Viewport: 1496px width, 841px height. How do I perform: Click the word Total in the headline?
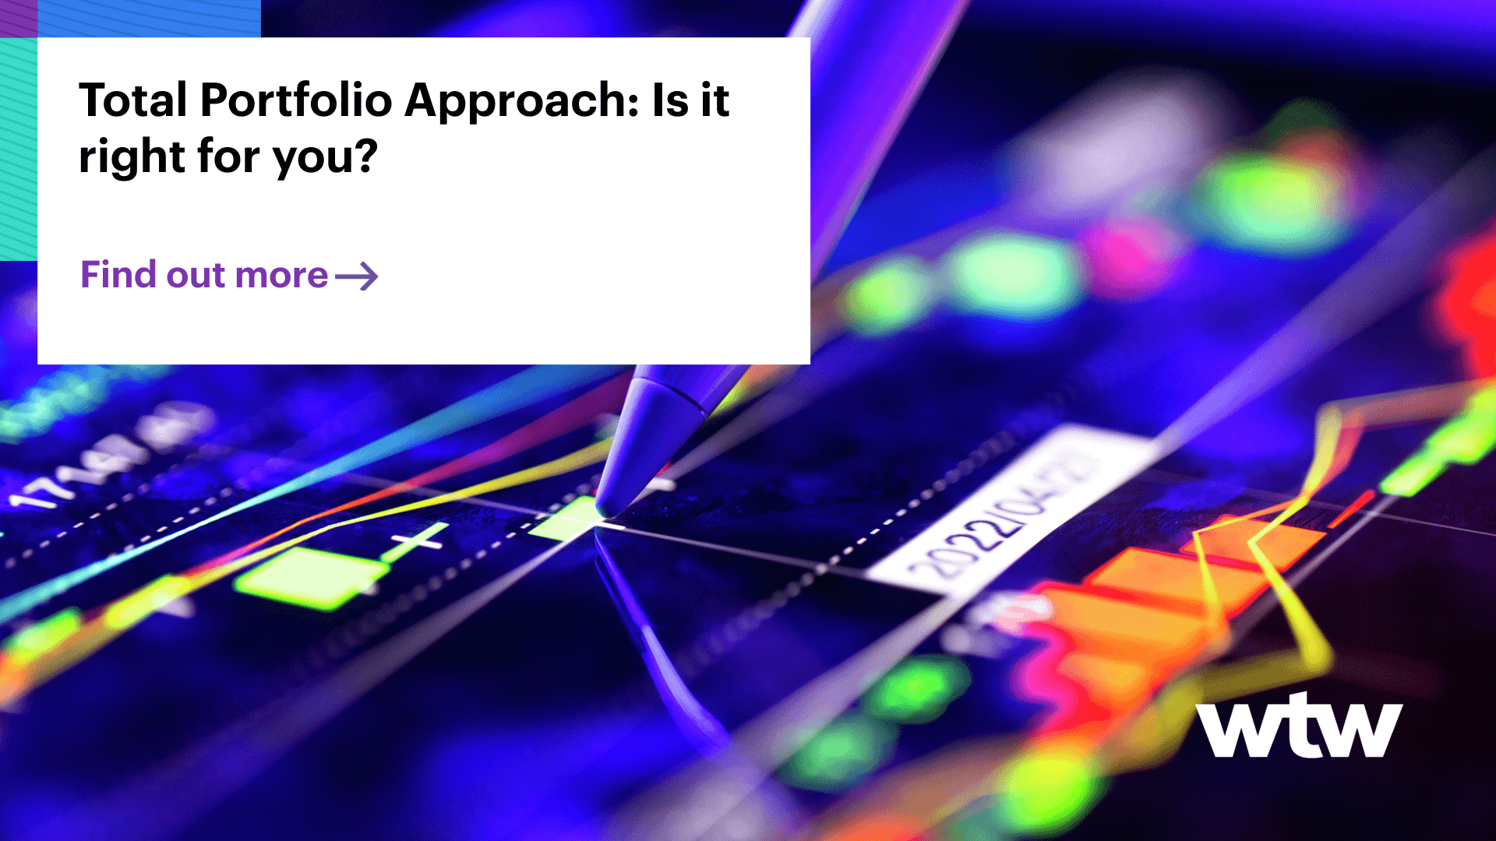(133, 100)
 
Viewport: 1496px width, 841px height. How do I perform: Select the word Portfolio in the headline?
(296, 100)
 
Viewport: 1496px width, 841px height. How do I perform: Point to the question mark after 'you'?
(364, 156)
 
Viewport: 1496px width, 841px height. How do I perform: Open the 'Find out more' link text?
(204, 275)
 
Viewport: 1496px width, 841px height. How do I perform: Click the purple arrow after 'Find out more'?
(357, 276)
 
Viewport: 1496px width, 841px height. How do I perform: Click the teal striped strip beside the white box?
(18, 148)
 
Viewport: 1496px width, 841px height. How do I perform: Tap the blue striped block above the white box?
(148, 18)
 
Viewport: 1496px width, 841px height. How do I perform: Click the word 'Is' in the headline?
(669, 100)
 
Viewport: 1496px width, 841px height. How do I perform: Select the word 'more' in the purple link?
(281, 276)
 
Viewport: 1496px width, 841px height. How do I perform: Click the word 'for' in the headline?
(228, 157)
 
